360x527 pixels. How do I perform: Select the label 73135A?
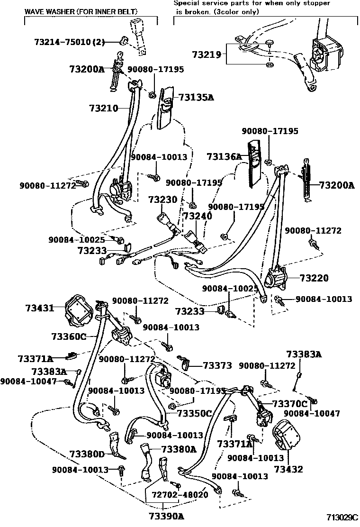[x=196, y=98]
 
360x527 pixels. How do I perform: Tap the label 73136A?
[x=224, y=156]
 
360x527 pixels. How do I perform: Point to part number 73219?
[x=207, y=55]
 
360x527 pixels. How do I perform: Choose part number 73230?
[x=162, y=200]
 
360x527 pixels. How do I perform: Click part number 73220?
[x=314, y=278]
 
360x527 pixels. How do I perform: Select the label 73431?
[x=40, y=308]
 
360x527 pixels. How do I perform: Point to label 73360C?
[x=69, y=336]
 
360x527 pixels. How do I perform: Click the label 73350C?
[x=194, y=413]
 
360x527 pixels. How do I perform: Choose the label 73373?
[x=217, y=365]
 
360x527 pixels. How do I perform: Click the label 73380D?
[x=84, y=454]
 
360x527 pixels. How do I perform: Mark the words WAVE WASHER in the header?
[x=46, y=10]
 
